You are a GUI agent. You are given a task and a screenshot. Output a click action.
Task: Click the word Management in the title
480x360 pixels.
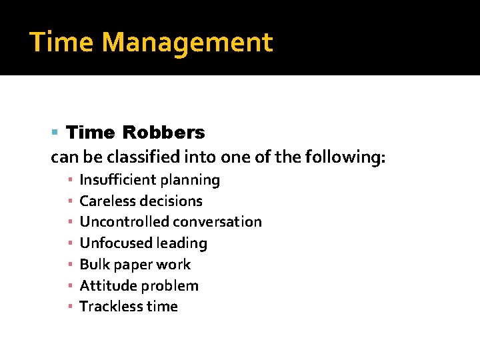point(187,43)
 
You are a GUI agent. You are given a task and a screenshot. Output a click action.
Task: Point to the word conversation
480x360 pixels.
point(217,222)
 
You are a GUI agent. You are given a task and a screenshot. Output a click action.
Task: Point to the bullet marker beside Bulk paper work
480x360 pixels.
point(69,265)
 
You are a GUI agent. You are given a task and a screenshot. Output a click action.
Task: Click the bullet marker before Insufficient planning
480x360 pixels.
point(69,180)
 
